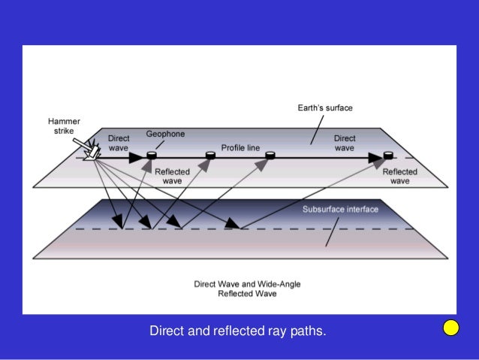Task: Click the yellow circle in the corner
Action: [450, 328]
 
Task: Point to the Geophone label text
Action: [165, 134]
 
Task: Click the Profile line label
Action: [240, 148]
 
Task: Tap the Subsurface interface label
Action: [340, 209]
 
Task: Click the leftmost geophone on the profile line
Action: [151, 156]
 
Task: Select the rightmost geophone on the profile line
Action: [388, 156]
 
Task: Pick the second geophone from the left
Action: [211, 156]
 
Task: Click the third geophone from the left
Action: [270, 156]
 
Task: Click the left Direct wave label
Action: [119, 143]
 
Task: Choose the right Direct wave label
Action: [345, 143]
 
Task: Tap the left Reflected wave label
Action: [172, 176]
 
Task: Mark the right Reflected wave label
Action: [400, 176]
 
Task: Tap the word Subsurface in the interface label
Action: [322, 209]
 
